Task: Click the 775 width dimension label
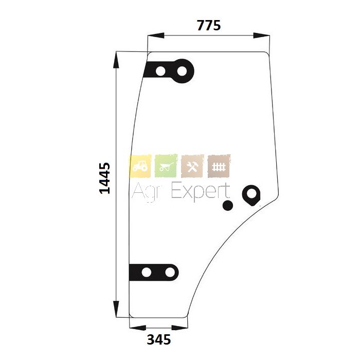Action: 209,26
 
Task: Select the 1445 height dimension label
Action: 105,178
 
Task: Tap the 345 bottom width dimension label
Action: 158,339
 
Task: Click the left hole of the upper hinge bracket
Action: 160,71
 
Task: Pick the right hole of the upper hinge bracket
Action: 182,71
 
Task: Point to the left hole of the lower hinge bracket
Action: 147,273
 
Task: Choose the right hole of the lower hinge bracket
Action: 170,273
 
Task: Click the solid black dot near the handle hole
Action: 228,206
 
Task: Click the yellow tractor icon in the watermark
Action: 140,166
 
